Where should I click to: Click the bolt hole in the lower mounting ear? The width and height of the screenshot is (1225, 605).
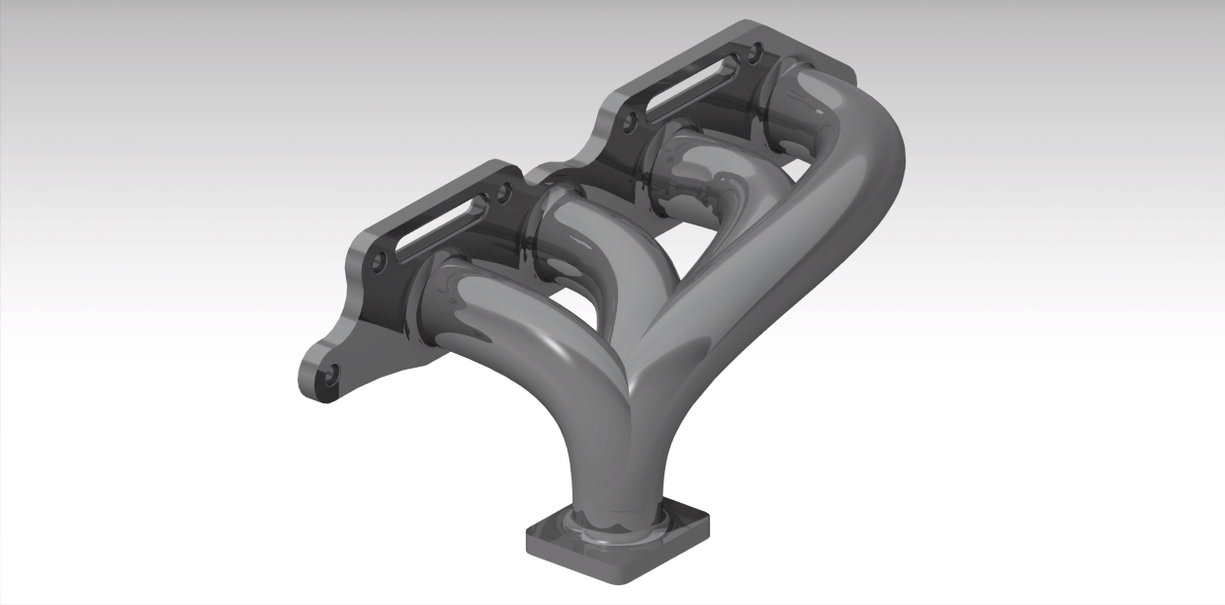331,375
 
